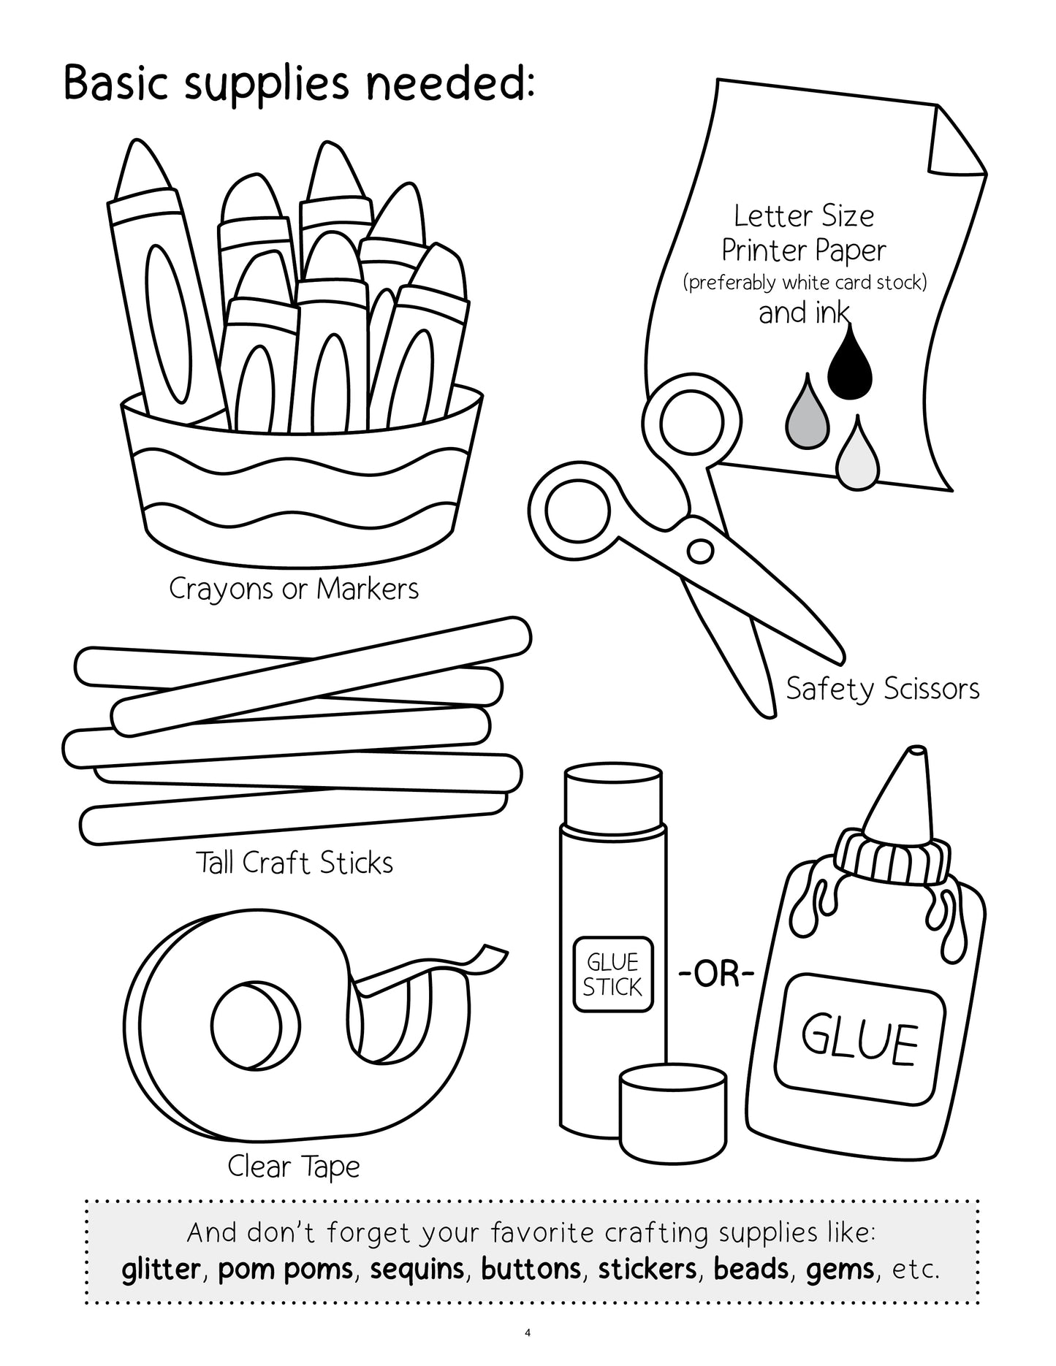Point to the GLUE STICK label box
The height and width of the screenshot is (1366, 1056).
612,974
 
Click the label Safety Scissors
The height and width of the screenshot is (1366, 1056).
882,689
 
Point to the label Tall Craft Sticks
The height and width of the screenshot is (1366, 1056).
295,863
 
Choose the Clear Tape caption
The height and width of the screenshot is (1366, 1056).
294,1167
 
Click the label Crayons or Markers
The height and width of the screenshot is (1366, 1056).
294,588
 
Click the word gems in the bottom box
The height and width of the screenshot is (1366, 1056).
840,1270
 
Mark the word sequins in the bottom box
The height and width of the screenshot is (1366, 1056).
417,1270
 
